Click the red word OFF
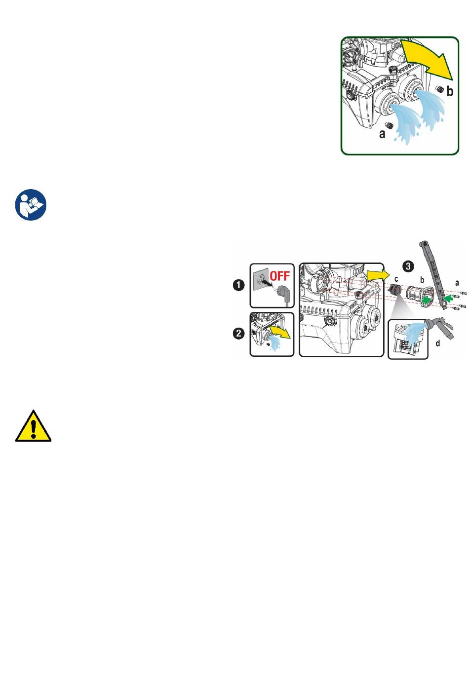tap(279, 276)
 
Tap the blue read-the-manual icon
tap(31, 205)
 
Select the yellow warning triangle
tap(33, 425)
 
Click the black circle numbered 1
tap(239, 285)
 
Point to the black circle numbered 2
tap(239, 334)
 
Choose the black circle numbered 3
tap(408, 266)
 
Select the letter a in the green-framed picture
tap(382, 134)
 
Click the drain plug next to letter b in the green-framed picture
tap(439, 89)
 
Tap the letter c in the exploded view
tap(396, 279)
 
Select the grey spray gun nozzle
tap(439, 326)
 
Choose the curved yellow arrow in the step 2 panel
tap(279, 332)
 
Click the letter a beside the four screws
tap(457, 283)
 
